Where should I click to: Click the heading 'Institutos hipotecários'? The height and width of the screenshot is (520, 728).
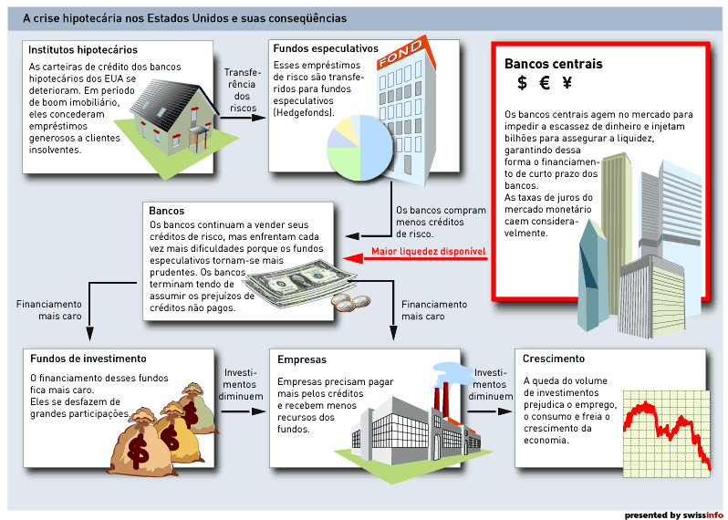pos(83,49)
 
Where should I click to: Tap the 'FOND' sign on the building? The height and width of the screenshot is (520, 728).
pos(400,53)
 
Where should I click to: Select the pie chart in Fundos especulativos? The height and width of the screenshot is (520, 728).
pos(359,148)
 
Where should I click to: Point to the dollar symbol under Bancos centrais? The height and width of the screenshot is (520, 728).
pos(523,83)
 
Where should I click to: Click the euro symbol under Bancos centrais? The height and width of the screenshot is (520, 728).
pos(545,83)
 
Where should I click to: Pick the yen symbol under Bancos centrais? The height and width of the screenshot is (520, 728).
pos(567,83)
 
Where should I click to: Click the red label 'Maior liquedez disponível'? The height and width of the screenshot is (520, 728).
pos(428,251)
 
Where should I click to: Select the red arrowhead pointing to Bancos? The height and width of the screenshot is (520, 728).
pos(353,258)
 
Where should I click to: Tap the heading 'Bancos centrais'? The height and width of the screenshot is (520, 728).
pos(554,64)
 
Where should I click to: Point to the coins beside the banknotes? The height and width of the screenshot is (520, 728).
pos(351,303)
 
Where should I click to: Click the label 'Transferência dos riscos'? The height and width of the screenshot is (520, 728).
pos(243,90)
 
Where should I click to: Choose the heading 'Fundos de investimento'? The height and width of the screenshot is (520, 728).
pos(88,359)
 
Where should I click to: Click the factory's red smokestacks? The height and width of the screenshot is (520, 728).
pos(441,399)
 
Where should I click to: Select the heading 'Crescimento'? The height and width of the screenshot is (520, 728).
pos(554,359)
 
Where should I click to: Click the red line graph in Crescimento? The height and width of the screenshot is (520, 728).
pos(667,431)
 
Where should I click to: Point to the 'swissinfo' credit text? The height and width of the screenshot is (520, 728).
pos(703,515)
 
